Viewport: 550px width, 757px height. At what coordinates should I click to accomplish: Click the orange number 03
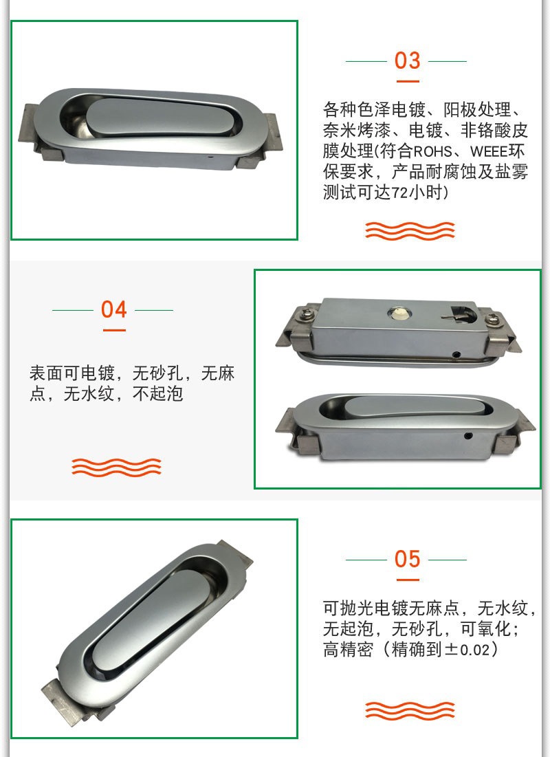click(407, 61)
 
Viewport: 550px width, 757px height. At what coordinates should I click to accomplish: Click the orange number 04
click(114, 309)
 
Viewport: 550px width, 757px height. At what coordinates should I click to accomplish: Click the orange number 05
click(407, 559)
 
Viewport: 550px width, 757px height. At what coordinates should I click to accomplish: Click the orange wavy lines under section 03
click(410, 230)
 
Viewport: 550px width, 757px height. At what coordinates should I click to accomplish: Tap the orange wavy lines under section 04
click(116, 467)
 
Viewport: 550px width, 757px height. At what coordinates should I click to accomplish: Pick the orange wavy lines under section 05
click(410, 710)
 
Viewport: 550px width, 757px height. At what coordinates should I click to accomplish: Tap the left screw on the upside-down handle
click(308, 314)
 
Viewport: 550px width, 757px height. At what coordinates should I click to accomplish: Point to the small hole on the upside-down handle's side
click(456, 355)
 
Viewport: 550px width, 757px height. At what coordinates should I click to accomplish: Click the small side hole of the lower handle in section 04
click(467, 436)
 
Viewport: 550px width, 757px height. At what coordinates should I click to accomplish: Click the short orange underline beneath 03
click(408, 82)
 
